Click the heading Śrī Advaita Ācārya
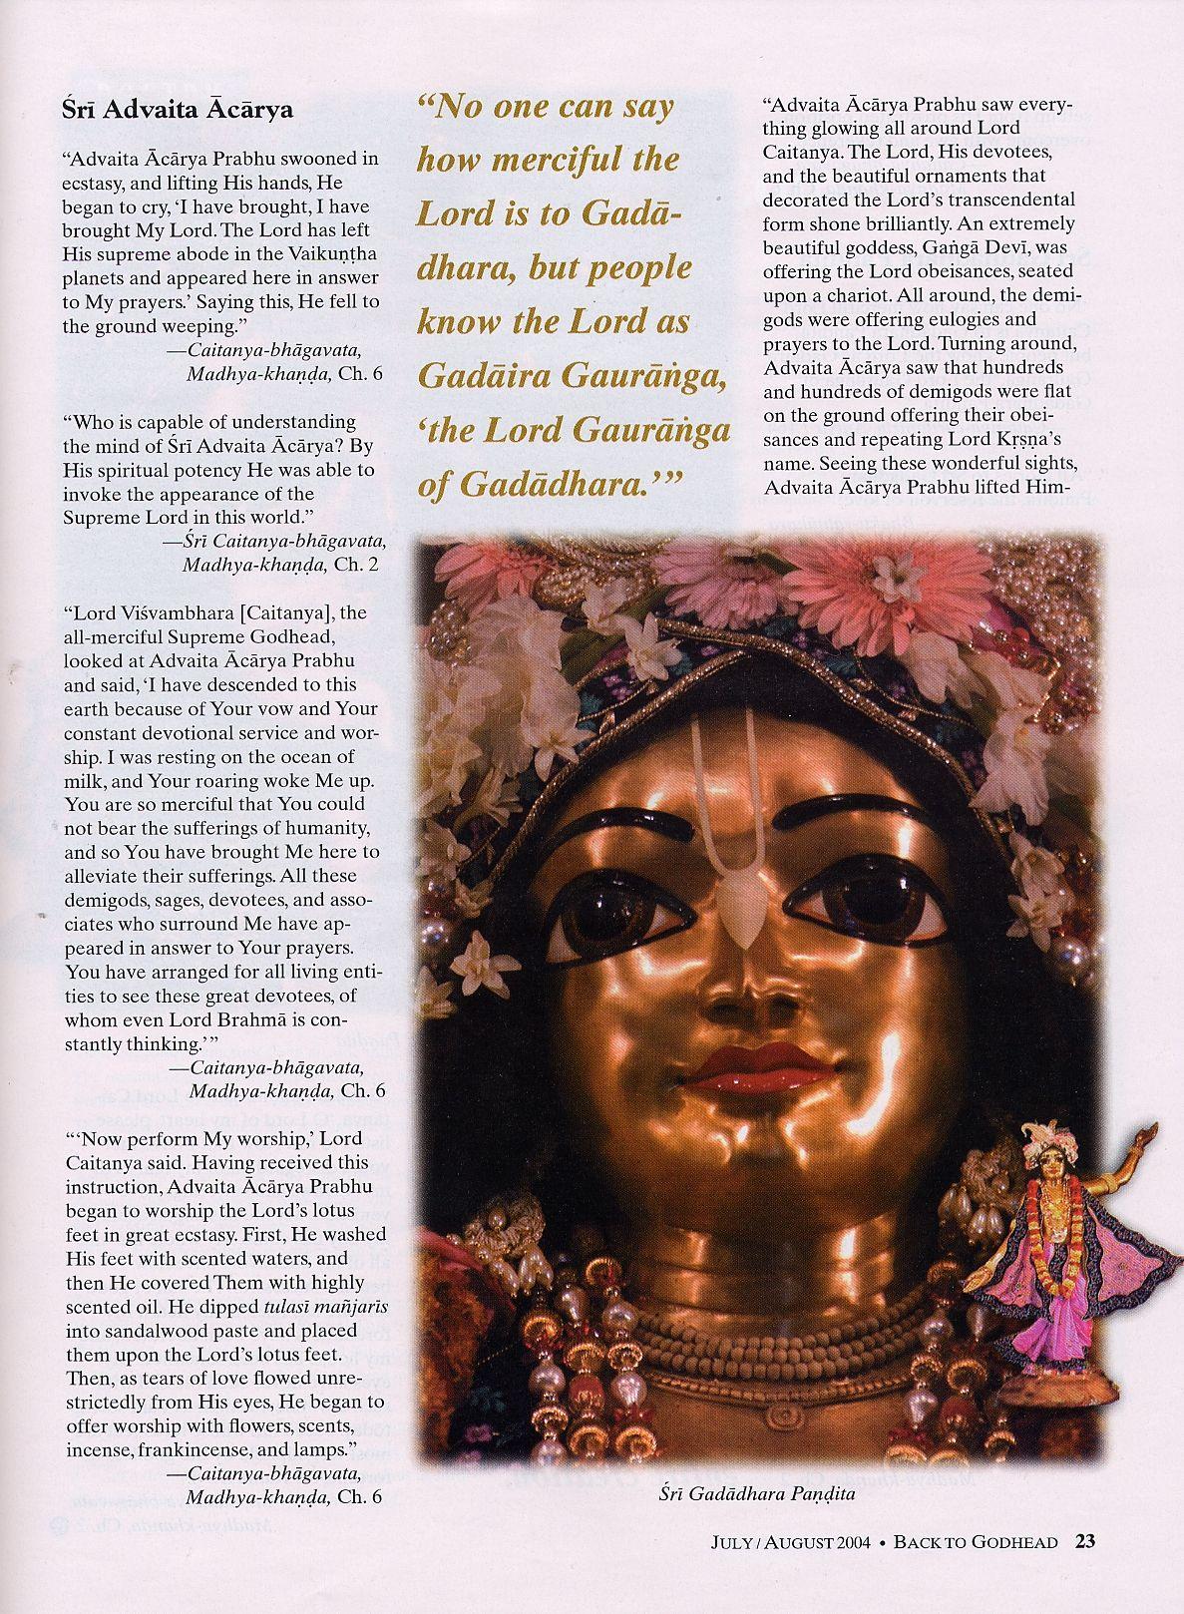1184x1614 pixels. coord(178,109)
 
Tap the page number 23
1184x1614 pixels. coord(1085,1569)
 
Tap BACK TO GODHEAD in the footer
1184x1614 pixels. coord(975,1570)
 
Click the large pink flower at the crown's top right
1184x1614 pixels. coord(878,579)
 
